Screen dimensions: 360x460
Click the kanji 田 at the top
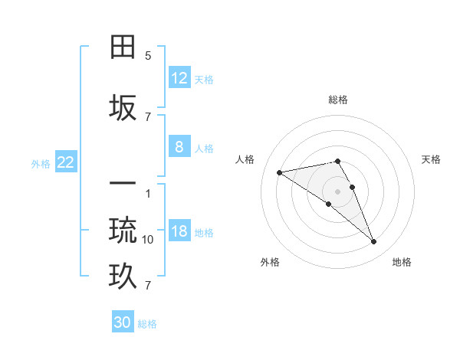click(123, 47)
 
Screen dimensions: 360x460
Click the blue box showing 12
click(179, 77)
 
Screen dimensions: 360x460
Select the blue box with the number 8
click(179, 147)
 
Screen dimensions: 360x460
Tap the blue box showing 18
click(179, 231)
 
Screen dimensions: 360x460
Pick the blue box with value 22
click(66, 162)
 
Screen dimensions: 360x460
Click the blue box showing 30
click(123, 322)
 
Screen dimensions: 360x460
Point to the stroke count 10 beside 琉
click(148, 239)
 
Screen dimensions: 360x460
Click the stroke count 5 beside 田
click(148, 55)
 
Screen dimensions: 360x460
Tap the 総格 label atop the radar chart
click(338, 100)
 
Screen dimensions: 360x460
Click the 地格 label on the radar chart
click(402, 262)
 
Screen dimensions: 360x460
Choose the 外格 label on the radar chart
click(270, 262)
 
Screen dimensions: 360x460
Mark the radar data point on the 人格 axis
click(280, 172)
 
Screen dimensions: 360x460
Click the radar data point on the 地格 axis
click(374, 242)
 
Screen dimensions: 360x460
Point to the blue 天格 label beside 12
click(204, 79)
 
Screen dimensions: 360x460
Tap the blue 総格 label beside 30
click(147, 324)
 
